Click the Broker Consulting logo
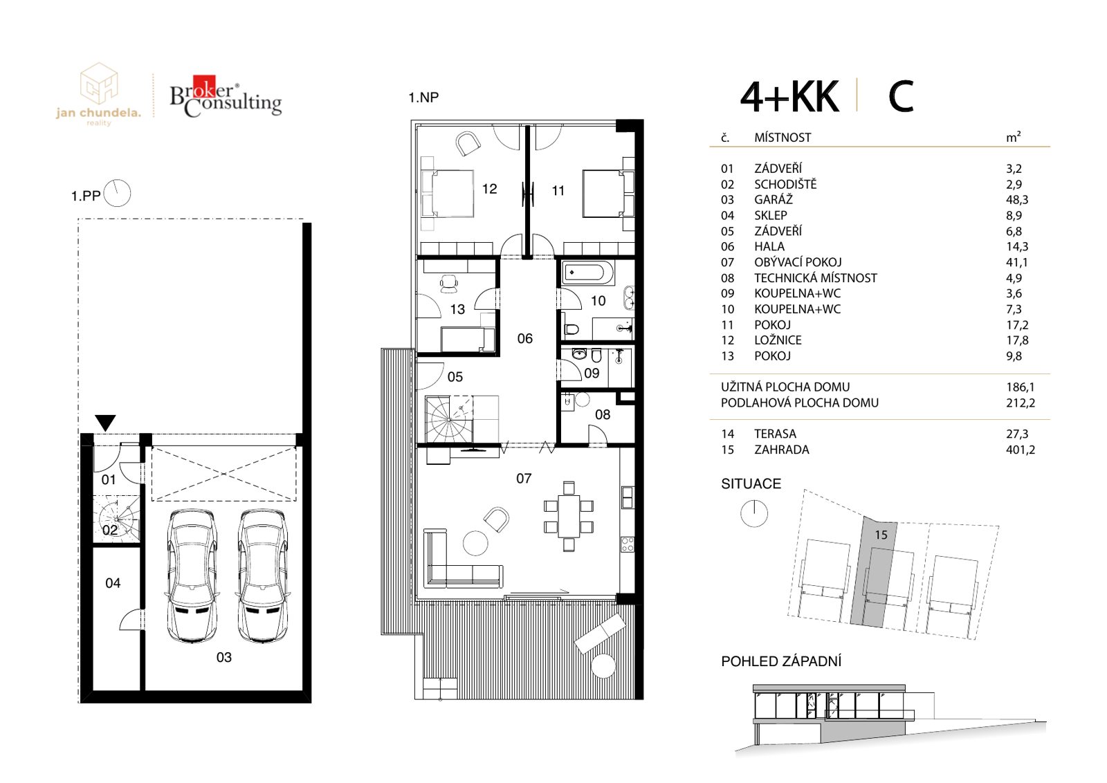226,97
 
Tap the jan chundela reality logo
99,94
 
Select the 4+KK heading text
789,97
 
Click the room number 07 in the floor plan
523,478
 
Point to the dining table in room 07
569,516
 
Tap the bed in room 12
447,193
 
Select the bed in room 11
608,193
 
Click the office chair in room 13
449,283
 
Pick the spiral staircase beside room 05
449,419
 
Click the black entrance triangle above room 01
105,423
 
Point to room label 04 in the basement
113,583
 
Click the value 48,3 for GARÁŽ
1016,200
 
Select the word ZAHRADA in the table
782,450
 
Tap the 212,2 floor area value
1020,403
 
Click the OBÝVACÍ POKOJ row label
798,262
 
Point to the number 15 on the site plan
881,535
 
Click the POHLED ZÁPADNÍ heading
781,661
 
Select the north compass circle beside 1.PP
117,193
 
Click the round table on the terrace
603,666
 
